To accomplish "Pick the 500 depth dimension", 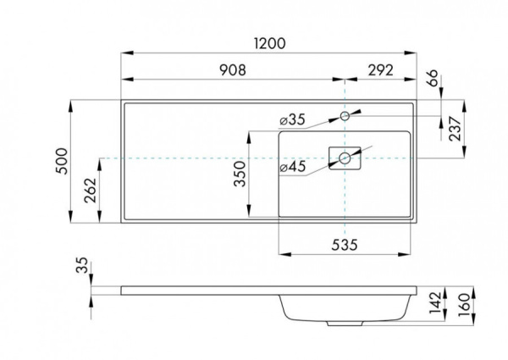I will point(60,160).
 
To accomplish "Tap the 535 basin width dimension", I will point(345,245).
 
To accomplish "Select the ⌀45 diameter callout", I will point(292,167).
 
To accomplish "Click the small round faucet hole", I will point(345,114).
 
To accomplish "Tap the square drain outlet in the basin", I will point(345,158).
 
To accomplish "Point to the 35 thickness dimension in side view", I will point(82,267).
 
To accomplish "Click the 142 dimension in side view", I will point(433,303).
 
